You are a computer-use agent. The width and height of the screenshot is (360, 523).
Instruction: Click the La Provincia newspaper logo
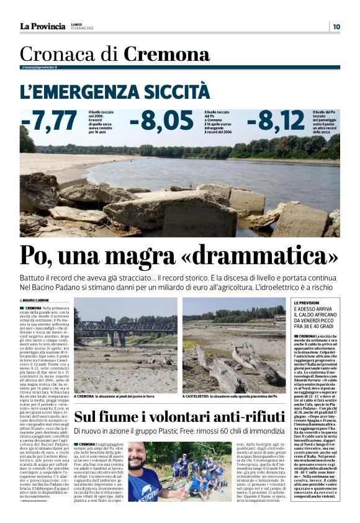pyautogui.click(x=42, y=26)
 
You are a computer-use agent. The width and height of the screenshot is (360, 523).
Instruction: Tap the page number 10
pyautogui.click(x=336, y=26)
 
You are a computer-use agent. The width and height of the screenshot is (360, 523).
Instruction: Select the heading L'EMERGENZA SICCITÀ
pyautogui.click(x=115, y=92)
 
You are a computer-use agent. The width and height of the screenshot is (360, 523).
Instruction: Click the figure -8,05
pyautogui.click(x=165, y=121)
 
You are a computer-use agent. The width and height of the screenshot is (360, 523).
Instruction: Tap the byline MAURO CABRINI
pyautogui.click(x=37, y=301)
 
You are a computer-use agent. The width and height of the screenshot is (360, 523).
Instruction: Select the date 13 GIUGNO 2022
pyautogui.click(x=86, y=29)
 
